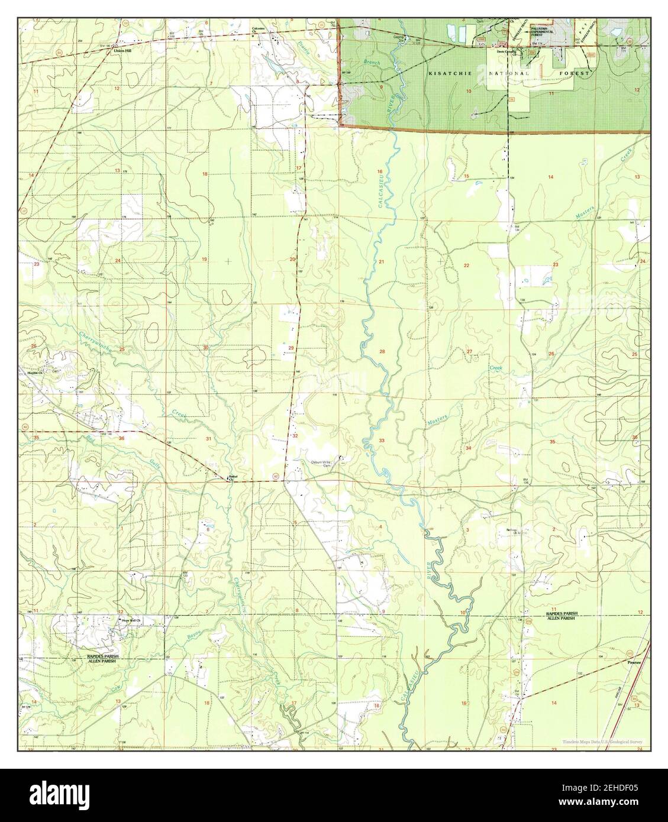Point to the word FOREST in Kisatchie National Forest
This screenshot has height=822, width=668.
pos(577,73)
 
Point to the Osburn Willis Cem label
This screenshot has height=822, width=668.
pos(320,463)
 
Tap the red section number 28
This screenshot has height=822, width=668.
pos(382,352)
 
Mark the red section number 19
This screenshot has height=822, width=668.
pos(205,260)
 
